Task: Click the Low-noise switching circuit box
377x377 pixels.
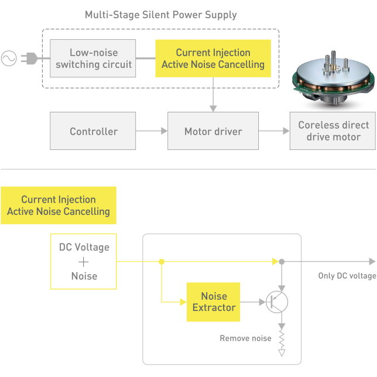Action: coord(94,58)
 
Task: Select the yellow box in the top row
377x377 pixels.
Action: coord(210,58)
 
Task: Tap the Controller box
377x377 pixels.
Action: coord(94,132)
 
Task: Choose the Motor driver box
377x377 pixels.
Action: coord(213,132)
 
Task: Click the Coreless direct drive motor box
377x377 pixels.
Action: coord(333,132)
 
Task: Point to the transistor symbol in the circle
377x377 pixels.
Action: coord(275,301)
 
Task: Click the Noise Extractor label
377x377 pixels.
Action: coord(214,301)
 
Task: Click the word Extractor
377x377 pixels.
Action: coord(214,307)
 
